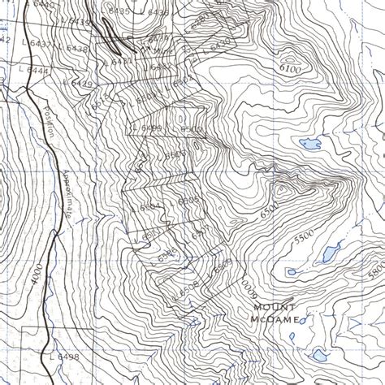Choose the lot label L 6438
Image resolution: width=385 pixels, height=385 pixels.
(75, 49)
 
